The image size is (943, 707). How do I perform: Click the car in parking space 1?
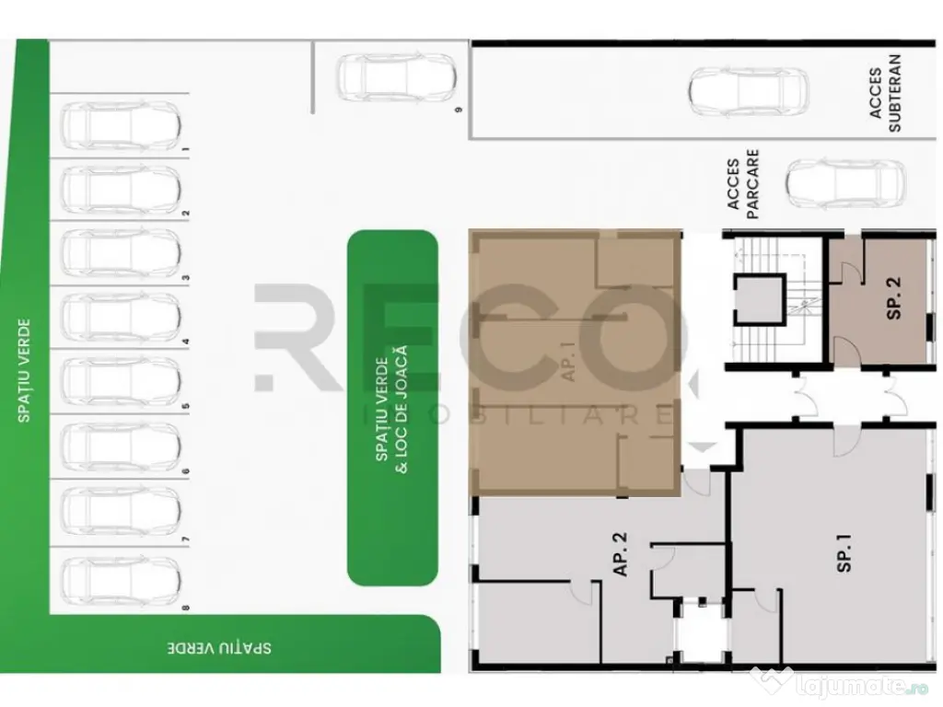click(x=121, y=125)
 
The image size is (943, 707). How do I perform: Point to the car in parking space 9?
click(x=395, y=78)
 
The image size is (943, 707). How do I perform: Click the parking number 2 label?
click(x=187, y=214)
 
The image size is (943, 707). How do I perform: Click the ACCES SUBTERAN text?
click(x=885, y=92)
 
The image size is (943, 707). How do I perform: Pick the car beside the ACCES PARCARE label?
click(x=844, y=183)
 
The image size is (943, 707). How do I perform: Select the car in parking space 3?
click(x=121, y=252)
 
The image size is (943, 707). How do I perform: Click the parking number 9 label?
click(x=458, y=109)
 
